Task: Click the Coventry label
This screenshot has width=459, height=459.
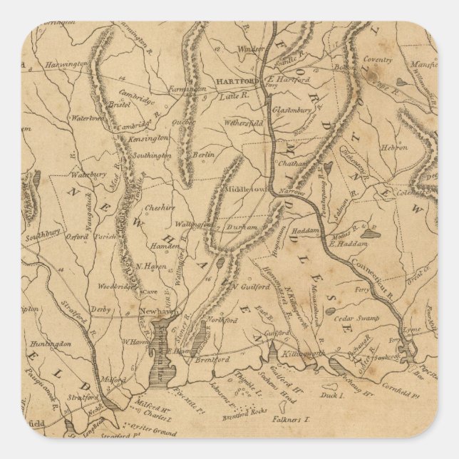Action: pos(377,61)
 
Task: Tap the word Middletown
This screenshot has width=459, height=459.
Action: pos(245,190)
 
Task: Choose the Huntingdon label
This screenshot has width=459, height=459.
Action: pos(51,344)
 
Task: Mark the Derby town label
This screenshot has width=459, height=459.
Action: pos(100,311)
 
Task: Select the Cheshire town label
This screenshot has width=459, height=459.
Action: pos(160,207)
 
